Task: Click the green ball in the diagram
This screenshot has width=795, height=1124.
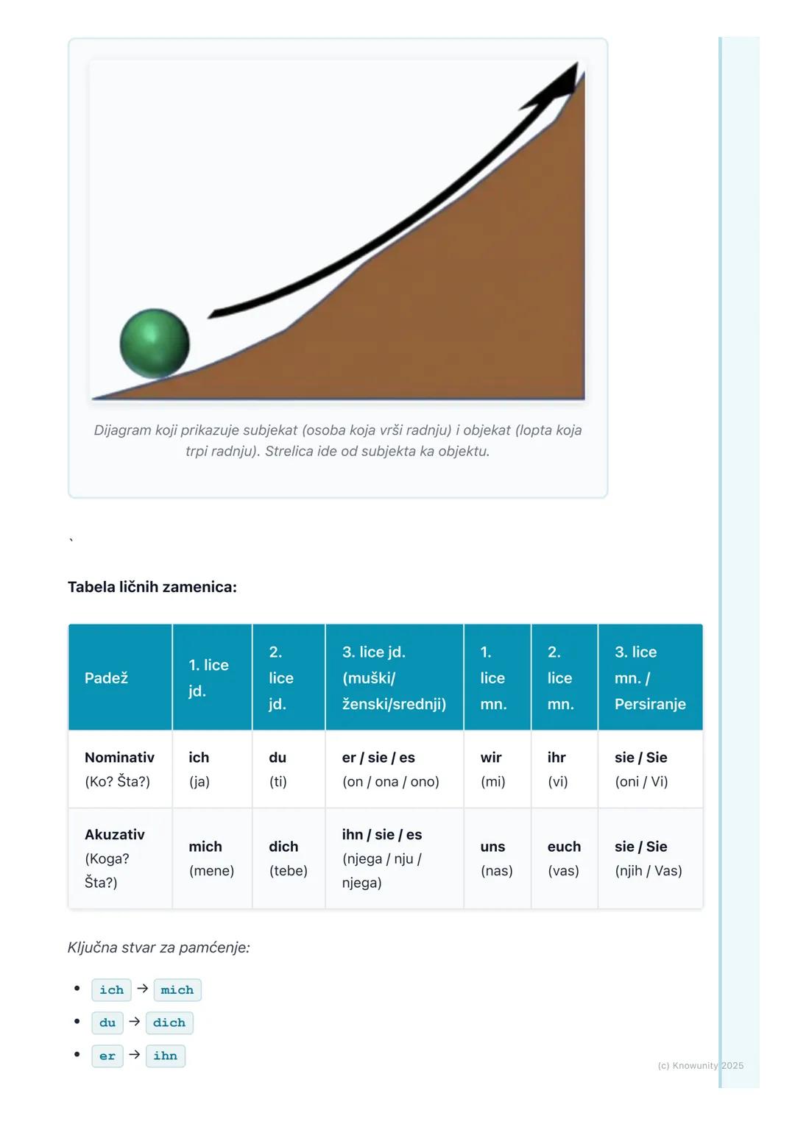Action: point(155,344)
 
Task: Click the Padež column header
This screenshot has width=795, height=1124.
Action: point(106,677)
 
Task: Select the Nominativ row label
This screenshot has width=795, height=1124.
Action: point(119,769)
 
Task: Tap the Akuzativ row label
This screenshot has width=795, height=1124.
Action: point(115,858)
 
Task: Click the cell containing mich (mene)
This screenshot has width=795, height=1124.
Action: point(211,858)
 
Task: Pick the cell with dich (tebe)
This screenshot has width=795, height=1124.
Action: point(288,858)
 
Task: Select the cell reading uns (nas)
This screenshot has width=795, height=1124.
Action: point(496,858)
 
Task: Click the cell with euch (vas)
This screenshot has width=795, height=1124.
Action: point(564,858)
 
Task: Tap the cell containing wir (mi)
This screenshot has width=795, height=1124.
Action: point(492,769)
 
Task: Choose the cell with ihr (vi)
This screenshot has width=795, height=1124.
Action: point(557,769)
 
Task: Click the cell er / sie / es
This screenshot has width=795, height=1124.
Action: point(390,769)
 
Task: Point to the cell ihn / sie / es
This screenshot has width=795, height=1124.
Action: point(382,858)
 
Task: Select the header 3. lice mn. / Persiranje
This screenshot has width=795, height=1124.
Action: point(650,677)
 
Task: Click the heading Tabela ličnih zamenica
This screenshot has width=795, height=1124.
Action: point(152,587)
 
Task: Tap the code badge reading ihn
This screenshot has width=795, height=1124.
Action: point(165,1056)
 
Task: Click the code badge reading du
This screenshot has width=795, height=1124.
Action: point(107,1022)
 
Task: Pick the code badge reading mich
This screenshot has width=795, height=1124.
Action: point(177,990)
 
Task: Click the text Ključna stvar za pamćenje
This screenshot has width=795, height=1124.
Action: point(158,947)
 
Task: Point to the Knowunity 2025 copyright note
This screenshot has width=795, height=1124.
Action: point(700,1065)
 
